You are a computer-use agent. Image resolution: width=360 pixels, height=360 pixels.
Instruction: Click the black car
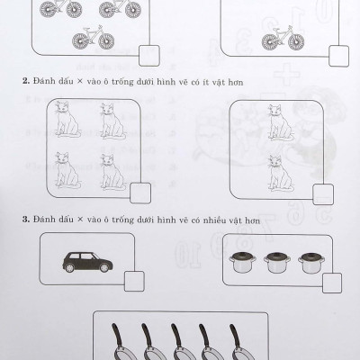87,262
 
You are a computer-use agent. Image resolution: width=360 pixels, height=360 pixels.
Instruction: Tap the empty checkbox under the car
134,281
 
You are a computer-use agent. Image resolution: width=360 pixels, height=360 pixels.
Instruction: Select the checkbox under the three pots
332,283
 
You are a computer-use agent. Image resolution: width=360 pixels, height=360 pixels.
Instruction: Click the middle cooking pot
277,262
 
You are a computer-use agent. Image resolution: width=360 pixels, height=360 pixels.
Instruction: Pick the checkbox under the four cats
140,193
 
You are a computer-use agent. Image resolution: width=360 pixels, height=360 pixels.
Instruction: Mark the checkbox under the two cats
323,194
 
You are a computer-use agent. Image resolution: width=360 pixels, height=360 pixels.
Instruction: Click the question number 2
26,81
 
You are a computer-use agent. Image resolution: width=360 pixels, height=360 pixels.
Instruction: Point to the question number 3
26,220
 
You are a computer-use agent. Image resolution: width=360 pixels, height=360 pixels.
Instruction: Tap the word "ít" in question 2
204,82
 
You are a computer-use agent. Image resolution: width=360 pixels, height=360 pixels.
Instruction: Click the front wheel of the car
104,267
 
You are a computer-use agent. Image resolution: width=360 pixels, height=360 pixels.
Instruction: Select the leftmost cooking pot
242,262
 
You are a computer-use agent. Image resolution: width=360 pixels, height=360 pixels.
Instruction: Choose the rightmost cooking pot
311,263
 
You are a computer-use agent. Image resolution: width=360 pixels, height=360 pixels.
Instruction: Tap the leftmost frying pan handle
118,335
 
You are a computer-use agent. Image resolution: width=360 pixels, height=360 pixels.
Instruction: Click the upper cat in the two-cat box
280,122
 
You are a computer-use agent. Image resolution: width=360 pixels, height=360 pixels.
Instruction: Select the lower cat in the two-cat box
280,173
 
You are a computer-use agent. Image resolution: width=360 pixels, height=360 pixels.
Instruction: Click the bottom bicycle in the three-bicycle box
94,38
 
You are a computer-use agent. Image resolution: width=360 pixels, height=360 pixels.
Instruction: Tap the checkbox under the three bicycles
149,56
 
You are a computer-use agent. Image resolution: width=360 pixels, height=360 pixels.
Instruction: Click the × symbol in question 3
80,220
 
